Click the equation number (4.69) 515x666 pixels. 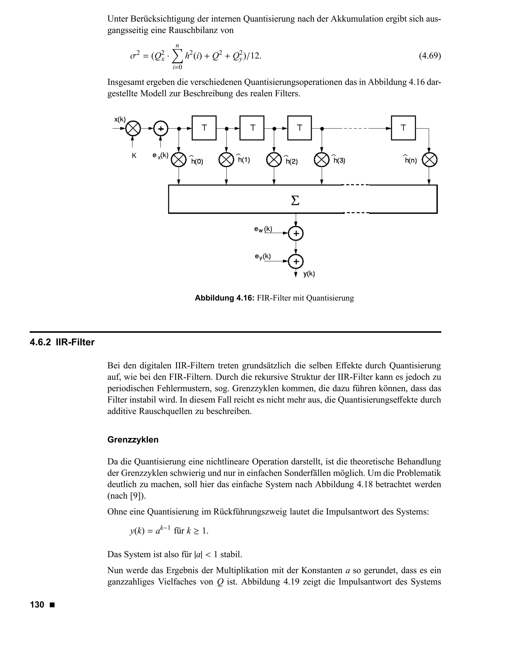click(430, 56)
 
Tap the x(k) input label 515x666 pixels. click(120, 120)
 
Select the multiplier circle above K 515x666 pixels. click(133, 129)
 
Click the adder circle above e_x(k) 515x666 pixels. click(160, 129)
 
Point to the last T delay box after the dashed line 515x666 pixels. click(403, 128)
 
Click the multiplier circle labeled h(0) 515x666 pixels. click(179, 160)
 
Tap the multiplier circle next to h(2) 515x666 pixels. click(274, 160)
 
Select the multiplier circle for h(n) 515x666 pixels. click(429, 160)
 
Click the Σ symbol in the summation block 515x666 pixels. click(295, 200)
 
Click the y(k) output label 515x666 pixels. click(309, 274)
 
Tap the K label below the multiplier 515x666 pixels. click(134, 156)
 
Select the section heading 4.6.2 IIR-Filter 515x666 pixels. click(62, 343)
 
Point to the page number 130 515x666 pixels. click(37, 605)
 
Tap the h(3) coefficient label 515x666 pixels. click(339, 160)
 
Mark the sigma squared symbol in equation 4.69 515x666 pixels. click(134, 56)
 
